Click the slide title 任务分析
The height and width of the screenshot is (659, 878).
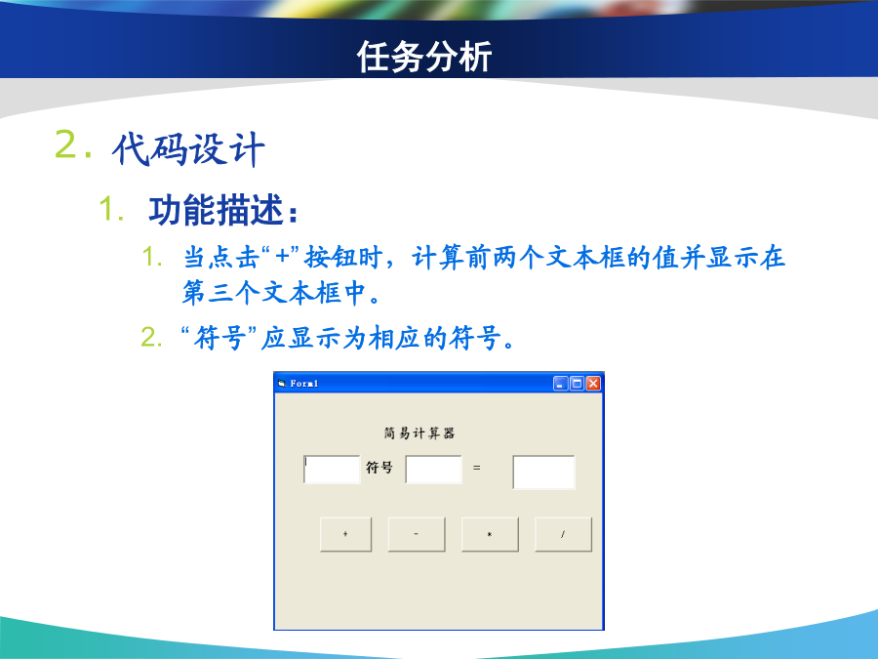click(424, 56)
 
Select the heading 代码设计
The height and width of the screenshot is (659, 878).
click(188, 149)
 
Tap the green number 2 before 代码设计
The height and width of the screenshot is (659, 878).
click(66, 144)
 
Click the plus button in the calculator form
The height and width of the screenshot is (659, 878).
click(345, 535)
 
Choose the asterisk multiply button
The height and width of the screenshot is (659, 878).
click(490, 535)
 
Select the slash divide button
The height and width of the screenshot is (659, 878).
click(563, 535)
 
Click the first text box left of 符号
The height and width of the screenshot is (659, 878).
click(332, 470)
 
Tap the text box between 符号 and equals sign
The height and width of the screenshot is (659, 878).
click(433, 470)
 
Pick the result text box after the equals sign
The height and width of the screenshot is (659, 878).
click(543, 473)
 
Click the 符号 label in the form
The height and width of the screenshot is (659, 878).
click(379, 468)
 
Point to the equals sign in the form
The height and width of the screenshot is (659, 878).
click(476, 468)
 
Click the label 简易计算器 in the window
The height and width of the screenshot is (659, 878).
click(419, 433)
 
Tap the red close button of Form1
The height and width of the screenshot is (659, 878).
click(593, 384)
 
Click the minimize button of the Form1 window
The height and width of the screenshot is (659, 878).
click(561, 384)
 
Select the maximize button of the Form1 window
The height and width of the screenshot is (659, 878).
click(577, 384)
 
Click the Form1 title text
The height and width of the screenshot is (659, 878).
click(304, 384)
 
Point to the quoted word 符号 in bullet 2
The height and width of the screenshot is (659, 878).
click(219, 338)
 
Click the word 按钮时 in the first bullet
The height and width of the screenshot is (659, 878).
click(343, 258)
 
